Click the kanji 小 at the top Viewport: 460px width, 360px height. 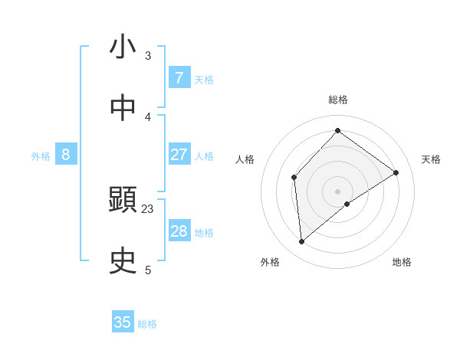123,47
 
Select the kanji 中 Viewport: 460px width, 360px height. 123,108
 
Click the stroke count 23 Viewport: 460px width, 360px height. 148,208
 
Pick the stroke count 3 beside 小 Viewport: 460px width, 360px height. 148,55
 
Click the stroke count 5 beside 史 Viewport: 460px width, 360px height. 148,270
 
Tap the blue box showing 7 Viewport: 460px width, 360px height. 179,77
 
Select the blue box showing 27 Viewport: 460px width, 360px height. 179,154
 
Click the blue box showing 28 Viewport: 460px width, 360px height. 179,231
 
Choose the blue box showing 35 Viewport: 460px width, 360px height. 123,322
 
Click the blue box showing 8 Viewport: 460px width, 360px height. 66,155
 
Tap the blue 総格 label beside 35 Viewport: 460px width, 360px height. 147,324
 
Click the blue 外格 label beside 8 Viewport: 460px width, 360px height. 41,156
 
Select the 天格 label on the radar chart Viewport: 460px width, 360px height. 431,159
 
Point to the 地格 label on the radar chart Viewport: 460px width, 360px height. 402,262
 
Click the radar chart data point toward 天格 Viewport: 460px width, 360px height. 396,172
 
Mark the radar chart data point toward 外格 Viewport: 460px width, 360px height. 302,242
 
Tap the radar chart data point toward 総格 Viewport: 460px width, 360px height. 337,130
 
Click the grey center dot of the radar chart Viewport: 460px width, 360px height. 337,191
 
